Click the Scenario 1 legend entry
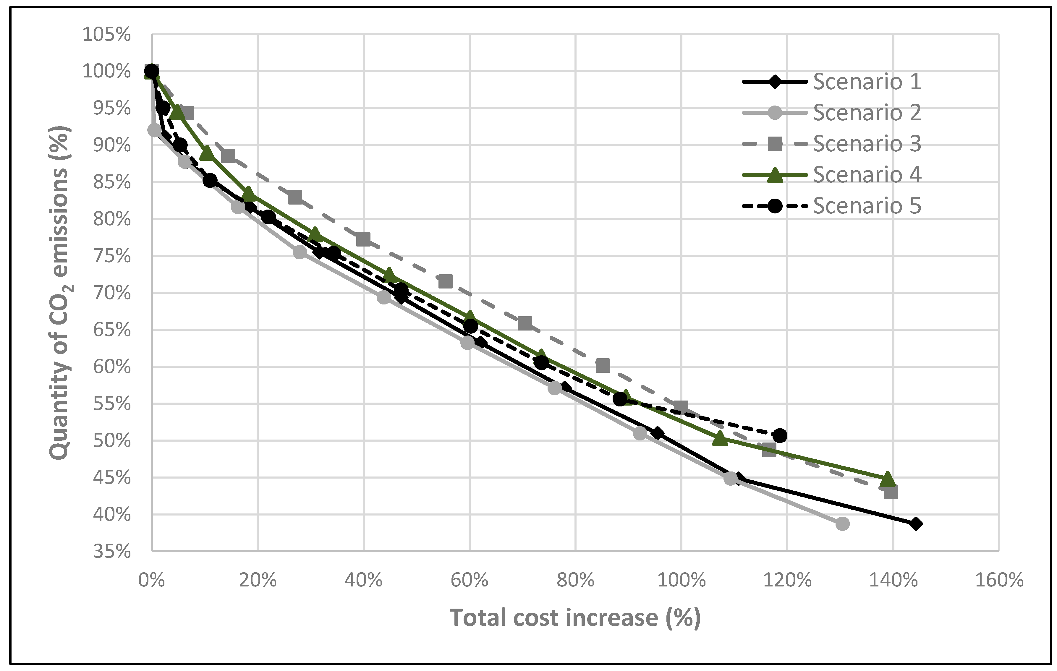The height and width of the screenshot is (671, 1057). (x=867, y=82)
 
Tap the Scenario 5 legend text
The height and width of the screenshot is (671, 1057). (x=867, y=206)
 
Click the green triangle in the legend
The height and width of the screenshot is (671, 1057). (x=775, y=175)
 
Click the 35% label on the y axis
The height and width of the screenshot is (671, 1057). (x=111, y=551)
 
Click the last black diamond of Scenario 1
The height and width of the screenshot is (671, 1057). (x=915, y=523)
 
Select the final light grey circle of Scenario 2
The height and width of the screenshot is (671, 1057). (x=842, y=523)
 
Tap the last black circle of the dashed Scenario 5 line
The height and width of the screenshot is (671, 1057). (x=780, y=436)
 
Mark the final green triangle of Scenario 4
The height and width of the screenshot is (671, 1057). (x=888, y=479)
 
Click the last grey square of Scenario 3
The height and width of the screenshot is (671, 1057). (x=891, y=492)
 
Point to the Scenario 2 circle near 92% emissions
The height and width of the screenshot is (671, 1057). (x=155, y=130)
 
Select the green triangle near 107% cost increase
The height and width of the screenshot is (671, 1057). (x=720, y=438)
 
